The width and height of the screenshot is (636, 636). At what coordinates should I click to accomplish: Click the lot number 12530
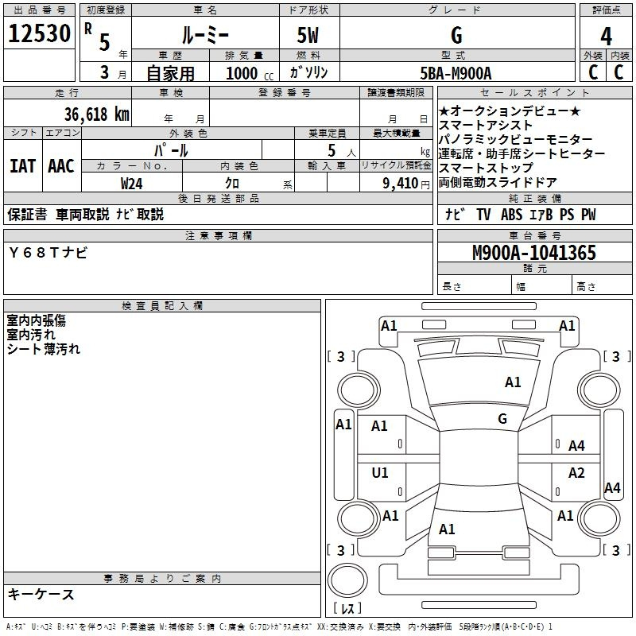pyautogui.click(x=39, y=33)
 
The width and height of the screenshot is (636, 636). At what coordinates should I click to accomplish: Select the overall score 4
pyautogui.click(x=606, y=36)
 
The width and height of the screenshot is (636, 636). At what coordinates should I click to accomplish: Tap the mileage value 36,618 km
pyautogui.click(x=96, y=114)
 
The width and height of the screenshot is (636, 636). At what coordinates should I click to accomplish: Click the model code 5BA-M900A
pyautogui.click(x=456, y=73)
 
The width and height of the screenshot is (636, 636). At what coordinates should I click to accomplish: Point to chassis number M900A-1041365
pyautogui.click(x=534, y=253)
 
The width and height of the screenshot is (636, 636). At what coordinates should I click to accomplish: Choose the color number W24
pyautogui.click(x=131, y=184)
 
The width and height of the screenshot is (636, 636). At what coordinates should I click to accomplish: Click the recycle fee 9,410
pyautogui.click(x=401, y=184)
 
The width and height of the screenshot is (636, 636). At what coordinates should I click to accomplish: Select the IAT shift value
pyautogui.click(x=23, y=166)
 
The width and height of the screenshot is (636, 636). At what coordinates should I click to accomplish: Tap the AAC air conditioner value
pyautogui.click(x=61, y=166)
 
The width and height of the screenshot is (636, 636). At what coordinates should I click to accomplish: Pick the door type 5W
pyautogui.click(x=308, y=35)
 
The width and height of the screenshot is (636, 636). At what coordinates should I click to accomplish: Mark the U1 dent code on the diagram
pyautogui.click(x=380, y=473)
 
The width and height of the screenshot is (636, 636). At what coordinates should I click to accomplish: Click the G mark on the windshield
pyautogui.click(x=502, y=419)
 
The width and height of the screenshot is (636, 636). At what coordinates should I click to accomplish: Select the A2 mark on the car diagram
pyautogui.click(x=576, y=473)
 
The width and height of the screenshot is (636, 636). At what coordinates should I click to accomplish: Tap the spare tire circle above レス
pyautogui.click(x=347, y=580)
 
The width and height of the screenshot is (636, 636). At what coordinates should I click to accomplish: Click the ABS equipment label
pyautogui.click(x=511, y=215)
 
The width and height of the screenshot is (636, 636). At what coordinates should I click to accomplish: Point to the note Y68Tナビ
pyautogui.click(x=48, y=253)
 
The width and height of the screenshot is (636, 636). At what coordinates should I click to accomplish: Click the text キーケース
pyautogui.click(x=41, y=595)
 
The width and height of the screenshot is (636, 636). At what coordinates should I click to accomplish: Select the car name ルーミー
pyautogui.click(x=205, y=36)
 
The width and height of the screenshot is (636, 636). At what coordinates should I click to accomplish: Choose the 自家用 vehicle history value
pyautogui.click(x=170, y=73)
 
